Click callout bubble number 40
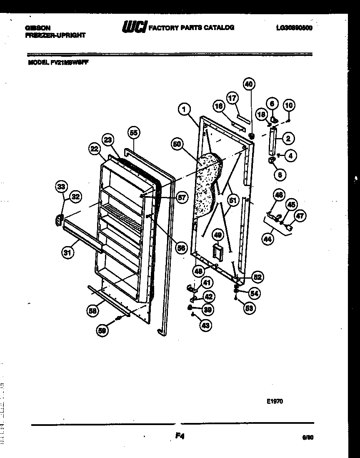tap(248, 84)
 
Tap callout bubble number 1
tap(184, 109)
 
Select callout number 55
tap(133, 133)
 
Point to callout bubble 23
tap(108, 141)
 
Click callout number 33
tap(61, 186)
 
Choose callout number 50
tap(177, 144)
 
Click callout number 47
tap(300, 216)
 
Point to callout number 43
tap(205, 325)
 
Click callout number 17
tap(232, 98)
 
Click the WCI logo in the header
tap(134, 27)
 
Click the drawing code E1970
tap(275, 402)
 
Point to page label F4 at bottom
tap(180, 436)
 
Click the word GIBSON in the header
tap(35, 28)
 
